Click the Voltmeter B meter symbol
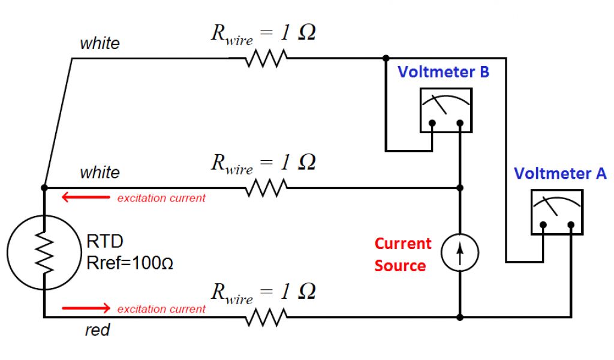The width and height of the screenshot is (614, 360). pyautogui.click(x=446, y=110)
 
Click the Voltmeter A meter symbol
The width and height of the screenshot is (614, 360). pyautogui.click(x=557, y=212)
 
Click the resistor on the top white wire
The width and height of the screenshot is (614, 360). pyautogui.click(x=267, y=59)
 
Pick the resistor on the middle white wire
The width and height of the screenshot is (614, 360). pyautogui.click(x=267, y=188)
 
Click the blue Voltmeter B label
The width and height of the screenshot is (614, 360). pyautogui.click(x=444, y=73)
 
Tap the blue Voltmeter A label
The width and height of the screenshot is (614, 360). pyautogui.click(x=560, y=174)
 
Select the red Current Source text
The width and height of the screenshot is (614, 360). pyautogui.click(x=402, y=254)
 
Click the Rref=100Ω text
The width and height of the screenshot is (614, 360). pyautogui.click(x=130, y=263)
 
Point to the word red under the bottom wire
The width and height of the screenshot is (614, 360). pyautogui.click(x=97, y=331)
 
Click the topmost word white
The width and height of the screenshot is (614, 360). pyautogui.click(x=100, y=44)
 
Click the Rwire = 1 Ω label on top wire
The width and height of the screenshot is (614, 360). pyautogui.click(x=263, y=34)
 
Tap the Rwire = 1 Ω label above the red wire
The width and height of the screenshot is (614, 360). pyautogui.click(x=263, y=292)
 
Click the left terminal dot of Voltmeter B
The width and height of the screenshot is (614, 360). pyautogui.click(x=432, y=124)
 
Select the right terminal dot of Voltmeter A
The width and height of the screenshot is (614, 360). pyautogui.click(x=571, y=226)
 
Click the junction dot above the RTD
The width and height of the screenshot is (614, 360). pyautogui.click(x=44, y=188)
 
